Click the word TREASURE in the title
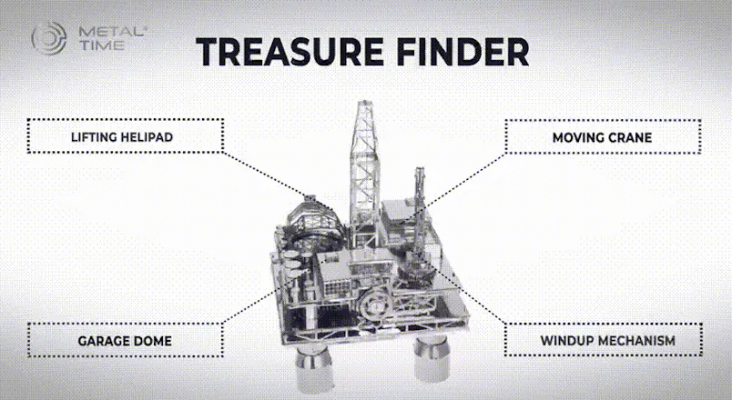tap(290, 51)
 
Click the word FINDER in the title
tap(463, 51)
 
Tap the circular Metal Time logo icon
tap(49, 38)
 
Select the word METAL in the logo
tap(112, 32)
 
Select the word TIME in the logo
tap(102, 45)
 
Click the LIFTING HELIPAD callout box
tap(125, 135)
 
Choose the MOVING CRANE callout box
tap(603, 136)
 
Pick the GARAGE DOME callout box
tap(125, 340)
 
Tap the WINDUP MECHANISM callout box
tap(603, 339)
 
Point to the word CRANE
tap(630, 137)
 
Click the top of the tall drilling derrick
tap(363, 102)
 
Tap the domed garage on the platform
tap(313, 222)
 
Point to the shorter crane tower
tap(419, 210)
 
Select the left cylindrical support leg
tap(315, 368)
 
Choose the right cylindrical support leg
tap(432, 356)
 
